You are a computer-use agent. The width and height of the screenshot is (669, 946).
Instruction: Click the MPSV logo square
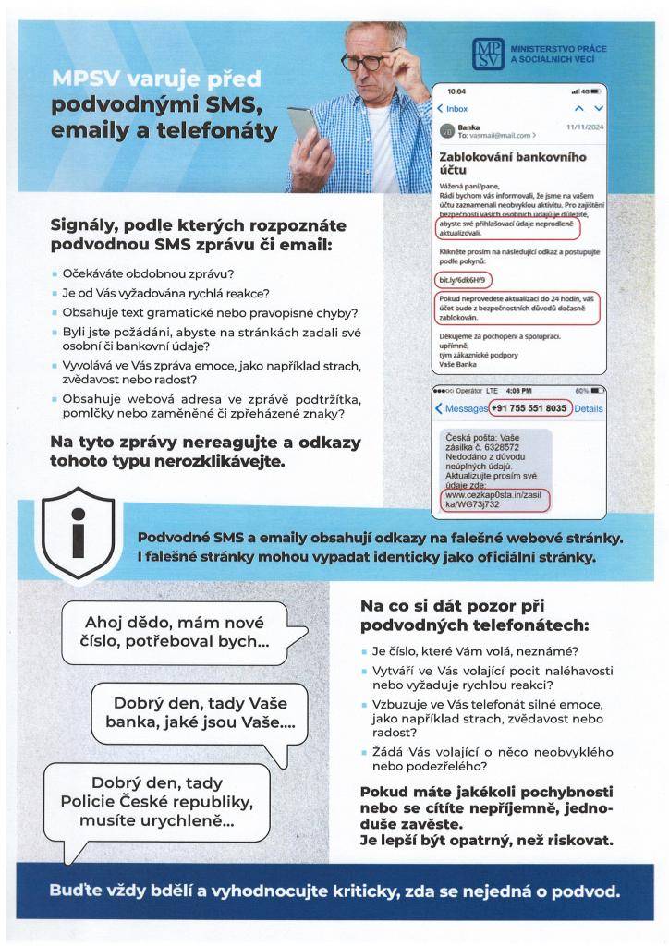tap(488, 55)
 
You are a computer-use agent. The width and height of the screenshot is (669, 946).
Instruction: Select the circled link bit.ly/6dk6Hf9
tap(463, 278)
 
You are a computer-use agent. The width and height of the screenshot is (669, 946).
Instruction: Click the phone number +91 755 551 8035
tap(529, 407)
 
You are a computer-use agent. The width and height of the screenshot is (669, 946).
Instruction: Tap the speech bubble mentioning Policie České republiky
tap(156, 801)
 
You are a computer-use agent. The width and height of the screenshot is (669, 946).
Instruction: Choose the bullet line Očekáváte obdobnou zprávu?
tap(148, 273)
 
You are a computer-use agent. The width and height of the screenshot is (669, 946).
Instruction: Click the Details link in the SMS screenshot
tap(588, 407)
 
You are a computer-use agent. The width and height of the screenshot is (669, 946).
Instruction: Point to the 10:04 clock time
tap(456, 91)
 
